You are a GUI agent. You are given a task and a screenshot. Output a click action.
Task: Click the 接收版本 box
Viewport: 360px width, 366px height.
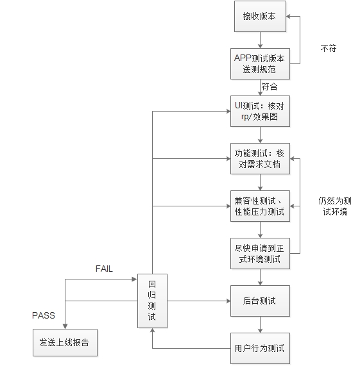point(259,15)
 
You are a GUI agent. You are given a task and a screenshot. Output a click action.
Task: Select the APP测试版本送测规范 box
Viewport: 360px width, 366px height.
point(259,63)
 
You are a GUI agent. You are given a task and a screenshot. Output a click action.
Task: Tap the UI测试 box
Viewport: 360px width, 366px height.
point(260,111)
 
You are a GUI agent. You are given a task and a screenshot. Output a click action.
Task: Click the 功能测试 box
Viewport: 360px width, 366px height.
point(260,159)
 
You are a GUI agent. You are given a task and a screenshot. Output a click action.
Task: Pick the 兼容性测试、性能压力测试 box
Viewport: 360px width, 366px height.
point(260,206)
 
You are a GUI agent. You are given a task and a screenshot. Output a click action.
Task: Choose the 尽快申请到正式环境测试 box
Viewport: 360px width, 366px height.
point(260,254)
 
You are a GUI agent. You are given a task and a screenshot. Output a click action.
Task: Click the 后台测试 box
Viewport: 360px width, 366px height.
point(260,301)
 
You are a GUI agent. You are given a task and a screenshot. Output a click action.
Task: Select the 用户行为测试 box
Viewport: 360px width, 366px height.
point(260,349)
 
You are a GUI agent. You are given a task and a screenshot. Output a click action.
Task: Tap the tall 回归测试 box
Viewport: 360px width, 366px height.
point(152,301)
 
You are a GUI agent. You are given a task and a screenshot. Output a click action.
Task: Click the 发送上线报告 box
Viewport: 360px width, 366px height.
point(65,342)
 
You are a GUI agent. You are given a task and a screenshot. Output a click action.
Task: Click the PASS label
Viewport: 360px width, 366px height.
point(44,315)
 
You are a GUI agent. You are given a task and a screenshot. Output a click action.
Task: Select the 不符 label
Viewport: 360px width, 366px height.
point(327,48)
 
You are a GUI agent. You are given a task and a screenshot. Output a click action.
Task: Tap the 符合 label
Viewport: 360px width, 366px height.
point(270,87)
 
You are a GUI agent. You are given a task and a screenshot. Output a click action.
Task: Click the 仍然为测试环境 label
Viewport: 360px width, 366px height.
point(334,206)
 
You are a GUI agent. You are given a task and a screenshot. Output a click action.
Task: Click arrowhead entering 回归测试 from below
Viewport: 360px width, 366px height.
point(152,331)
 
